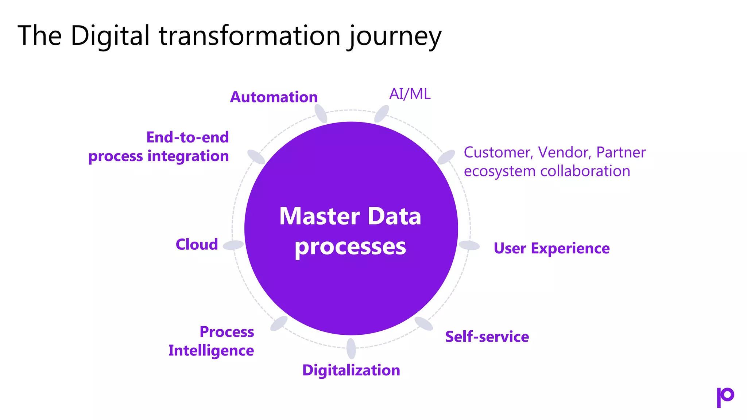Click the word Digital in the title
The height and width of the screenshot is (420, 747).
pyautogui.click(x=110, y=36)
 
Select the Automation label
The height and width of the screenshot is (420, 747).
pyautogui.click(x=274, y=97)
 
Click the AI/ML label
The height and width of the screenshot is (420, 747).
pyautogui.click(x=410, y=94)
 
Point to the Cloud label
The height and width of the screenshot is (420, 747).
pyautogui.click(x=197, y=244)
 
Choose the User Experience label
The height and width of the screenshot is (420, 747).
pyautogui.click(x=551, y=248)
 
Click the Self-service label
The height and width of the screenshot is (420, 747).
pyautogui.click(x=487, y=337)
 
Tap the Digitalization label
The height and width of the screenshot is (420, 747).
pyautogui.click(x=351, y=370)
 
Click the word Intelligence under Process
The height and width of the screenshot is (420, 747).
pyautogui.click(x=211, y=350)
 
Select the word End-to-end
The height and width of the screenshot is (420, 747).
pyautogui.click(x=187, y=137)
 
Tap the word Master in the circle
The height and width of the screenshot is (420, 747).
pyautogui.click(x=319, y=216)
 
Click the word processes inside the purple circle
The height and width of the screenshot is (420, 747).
pyautogui.click(x=350, y=247)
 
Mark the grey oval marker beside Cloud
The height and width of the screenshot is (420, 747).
pyautogui.click(x=233, y=245)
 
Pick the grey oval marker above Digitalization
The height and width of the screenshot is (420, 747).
pyautogui.click(x=351, y=348)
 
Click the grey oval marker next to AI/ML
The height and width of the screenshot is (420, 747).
pyautogui.click(x=382, y=114)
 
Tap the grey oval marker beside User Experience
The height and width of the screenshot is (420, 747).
pyautogui.click(x=469, y=245)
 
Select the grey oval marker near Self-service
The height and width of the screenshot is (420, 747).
pyautogui.click(x=423, y=323)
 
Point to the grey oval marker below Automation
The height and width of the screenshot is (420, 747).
pyautogui.click(x=321, y=113)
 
